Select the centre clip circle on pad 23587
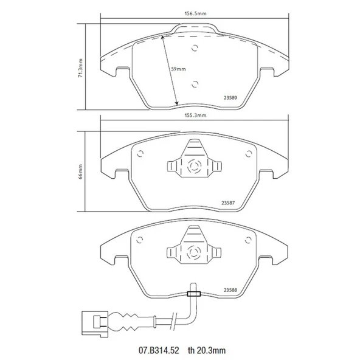[193, 167]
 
